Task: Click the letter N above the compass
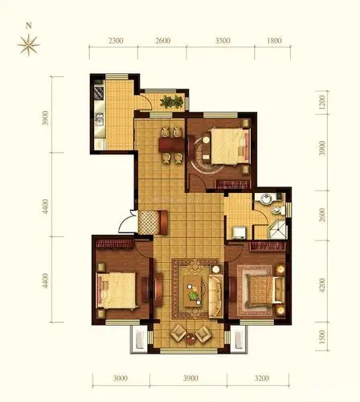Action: (x=29, y=26)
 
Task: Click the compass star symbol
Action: (x=29, y=45)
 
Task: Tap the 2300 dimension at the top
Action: (x=116, y=41)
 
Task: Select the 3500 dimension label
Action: (x=223, y=40)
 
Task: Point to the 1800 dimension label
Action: (x=274, y=40)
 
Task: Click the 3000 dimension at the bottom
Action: (x=121, y=378)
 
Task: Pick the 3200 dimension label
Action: (x=262, y=378)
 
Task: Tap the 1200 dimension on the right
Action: (x=322, y=102)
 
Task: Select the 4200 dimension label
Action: (x=322, y=285)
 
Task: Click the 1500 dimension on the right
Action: (x=322, y=337)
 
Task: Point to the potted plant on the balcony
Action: (x=172, y=102)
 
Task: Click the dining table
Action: (x=171, y=145)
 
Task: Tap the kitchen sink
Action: (x=99, y=119)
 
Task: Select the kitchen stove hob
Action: (x=99, y=92)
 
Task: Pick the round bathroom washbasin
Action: (x=266, y=199)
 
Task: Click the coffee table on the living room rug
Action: (x=193, y=292)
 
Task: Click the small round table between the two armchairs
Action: (x=190, y=338)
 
